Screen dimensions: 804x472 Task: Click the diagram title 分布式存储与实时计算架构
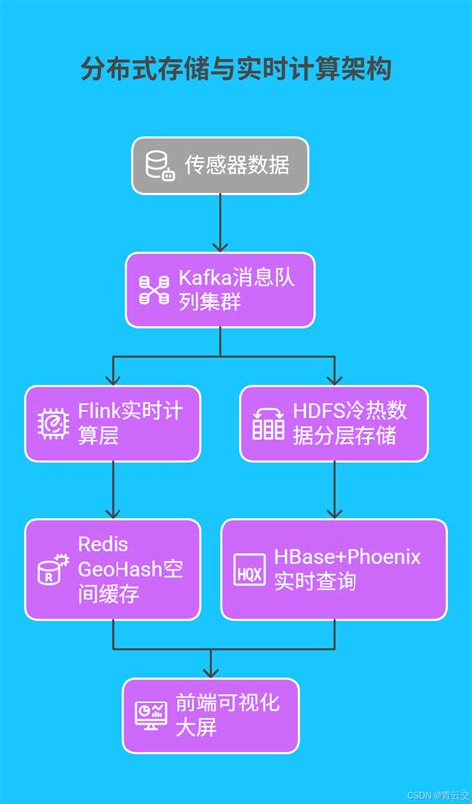(x=236, y=69)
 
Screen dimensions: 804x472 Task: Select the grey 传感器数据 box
(x=220, y=165)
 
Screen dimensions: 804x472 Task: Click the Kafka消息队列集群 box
(x=220, y=290)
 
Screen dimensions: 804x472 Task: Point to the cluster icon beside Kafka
(x=154, y=290)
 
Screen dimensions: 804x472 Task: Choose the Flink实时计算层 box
(x=112, y=423)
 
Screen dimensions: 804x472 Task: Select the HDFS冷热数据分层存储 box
(x=333, y=423)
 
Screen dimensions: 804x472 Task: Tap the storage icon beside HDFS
(x=268, y=423)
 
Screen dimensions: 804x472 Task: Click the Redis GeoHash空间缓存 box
(x=112, y=568)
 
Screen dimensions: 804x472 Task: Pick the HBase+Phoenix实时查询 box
(x=333, y=568)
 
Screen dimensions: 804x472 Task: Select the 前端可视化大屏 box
(x=210, y=715)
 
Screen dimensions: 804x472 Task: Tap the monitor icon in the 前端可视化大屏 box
(x=151, y=715)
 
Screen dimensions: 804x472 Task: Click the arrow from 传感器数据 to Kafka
(x=220, y=223)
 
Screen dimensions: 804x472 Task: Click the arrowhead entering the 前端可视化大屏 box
(x=210, y=672)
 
